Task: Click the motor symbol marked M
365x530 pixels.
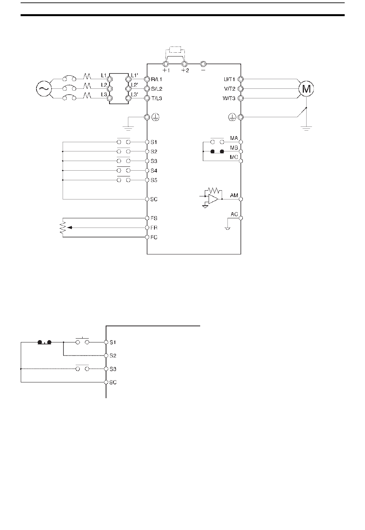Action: click(307, 89)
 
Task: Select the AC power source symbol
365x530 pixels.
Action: click(43, 89)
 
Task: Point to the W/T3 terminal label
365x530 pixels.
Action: click(230, 98)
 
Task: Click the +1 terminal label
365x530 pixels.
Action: click(166, 71)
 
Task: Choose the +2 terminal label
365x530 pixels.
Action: click(185, 71)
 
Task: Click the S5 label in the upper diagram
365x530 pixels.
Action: click(154, 180)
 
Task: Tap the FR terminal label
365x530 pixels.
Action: click(154, 228)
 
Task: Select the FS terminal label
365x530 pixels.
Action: click(154, 218)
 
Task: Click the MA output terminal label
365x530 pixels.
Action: click(234, 138)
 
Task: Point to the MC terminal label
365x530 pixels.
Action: click(234, 157)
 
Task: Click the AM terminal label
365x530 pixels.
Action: click(234, 195)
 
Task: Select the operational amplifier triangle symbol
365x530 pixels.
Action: click(213, 199)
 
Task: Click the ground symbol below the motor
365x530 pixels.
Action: click(306, 128)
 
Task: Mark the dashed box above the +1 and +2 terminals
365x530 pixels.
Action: click(175, 50)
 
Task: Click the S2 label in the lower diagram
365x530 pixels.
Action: click(113, 356)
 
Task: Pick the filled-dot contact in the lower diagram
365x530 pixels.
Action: click(44, 342)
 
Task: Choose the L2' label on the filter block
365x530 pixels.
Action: click(134, 85)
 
